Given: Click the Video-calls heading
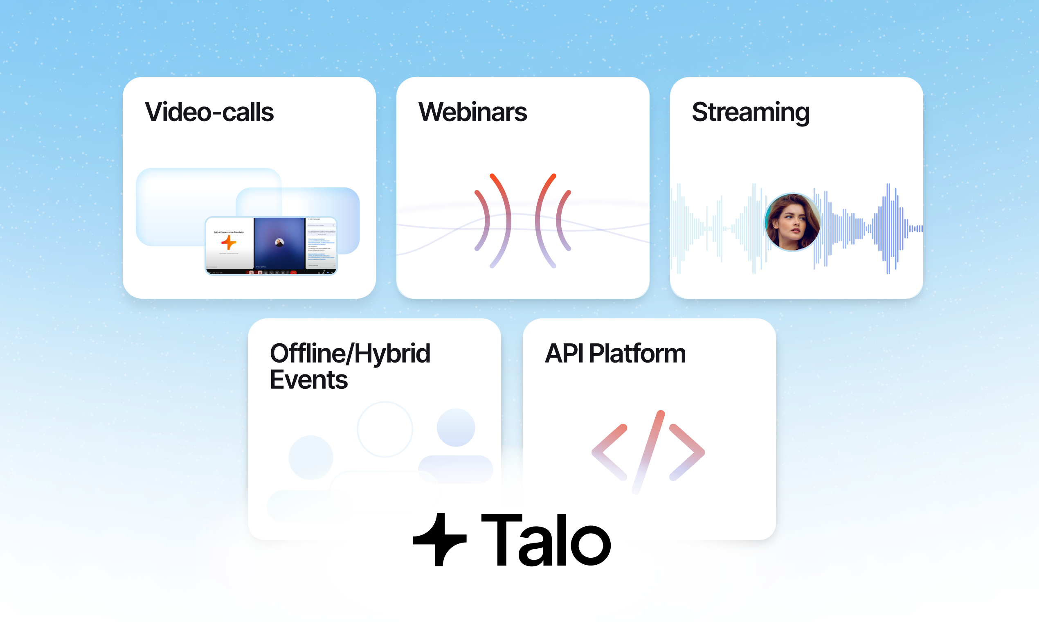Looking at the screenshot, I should (x=209, y=113).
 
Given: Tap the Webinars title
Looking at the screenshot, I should (x=472, y=113).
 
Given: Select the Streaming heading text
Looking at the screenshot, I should (x=750, y=113).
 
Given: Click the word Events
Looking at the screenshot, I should (x=309, y=380).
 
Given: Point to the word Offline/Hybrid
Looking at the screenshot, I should (x=350, y=353).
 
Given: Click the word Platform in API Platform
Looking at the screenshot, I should (x=637, y=353).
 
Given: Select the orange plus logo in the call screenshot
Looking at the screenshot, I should (x=229, y=242).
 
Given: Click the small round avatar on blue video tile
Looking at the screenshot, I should (x=279, y=242).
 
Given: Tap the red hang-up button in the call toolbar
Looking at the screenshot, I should (x=293, y=273).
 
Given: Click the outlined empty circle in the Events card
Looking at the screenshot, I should (x=385, y=429).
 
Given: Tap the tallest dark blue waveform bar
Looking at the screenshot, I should (x=888, y=228).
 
